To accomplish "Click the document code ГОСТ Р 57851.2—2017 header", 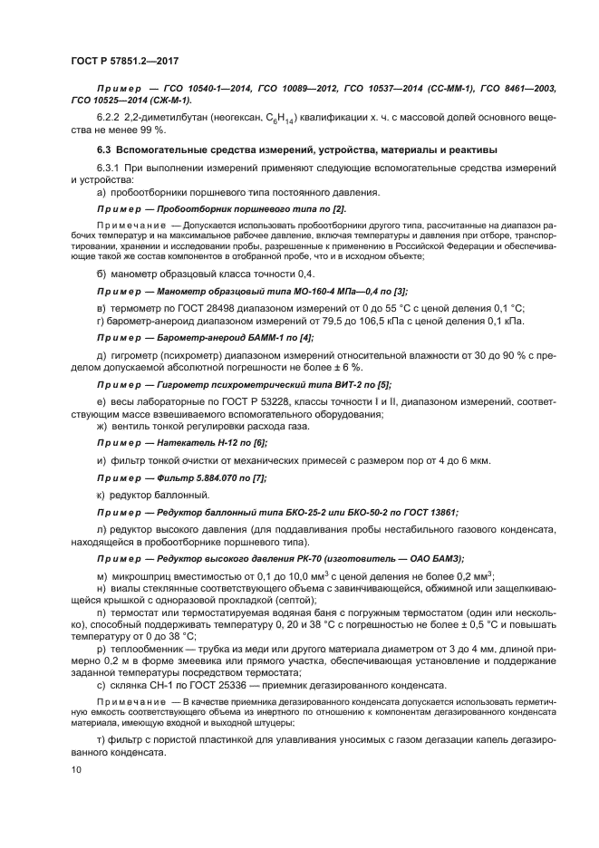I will (123, 61).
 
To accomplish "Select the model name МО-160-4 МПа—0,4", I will (306, 291).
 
